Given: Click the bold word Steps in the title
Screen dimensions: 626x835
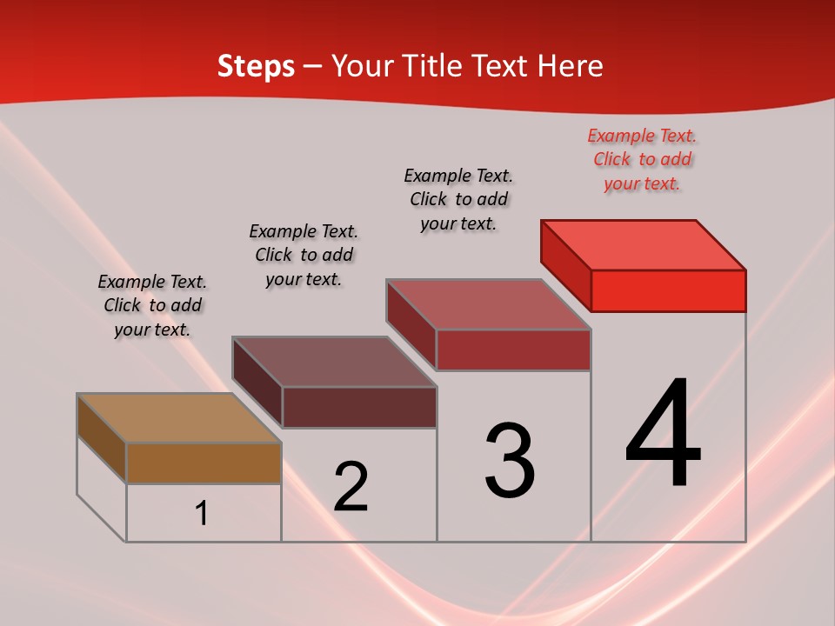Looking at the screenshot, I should [256, 66].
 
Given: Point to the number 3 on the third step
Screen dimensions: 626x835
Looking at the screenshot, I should [510, 461].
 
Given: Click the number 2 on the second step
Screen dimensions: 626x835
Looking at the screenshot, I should [351, 486].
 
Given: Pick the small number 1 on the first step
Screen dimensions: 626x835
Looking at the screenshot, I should [202, 514].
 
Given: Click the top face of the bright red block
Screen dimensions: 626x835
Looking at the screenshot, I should [644, 245].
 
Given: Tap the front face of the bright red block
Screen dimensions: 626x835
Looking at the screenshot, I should [668, 290].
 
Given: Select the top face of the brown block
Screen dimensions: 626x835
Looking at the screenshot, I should [179, 418].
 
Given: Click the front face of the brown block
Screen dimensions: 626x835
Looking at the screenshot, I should [204, 463].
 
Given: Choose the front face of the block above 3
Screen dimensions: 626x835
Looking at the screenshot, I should [513, 350].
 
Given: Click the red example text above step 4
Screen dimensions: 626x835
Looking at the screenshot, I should [642, 159].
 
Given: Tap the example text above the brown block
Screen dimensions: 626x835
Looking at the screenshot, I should [152, 305].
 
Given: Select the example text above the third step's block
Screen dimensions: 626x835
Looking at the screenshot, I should [458, 199].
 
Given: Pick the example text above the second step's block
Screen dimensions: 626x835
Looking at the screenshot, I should [304, 255].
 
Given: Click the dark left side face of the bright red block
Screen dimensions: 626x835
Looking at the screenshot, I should [565, 264].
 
